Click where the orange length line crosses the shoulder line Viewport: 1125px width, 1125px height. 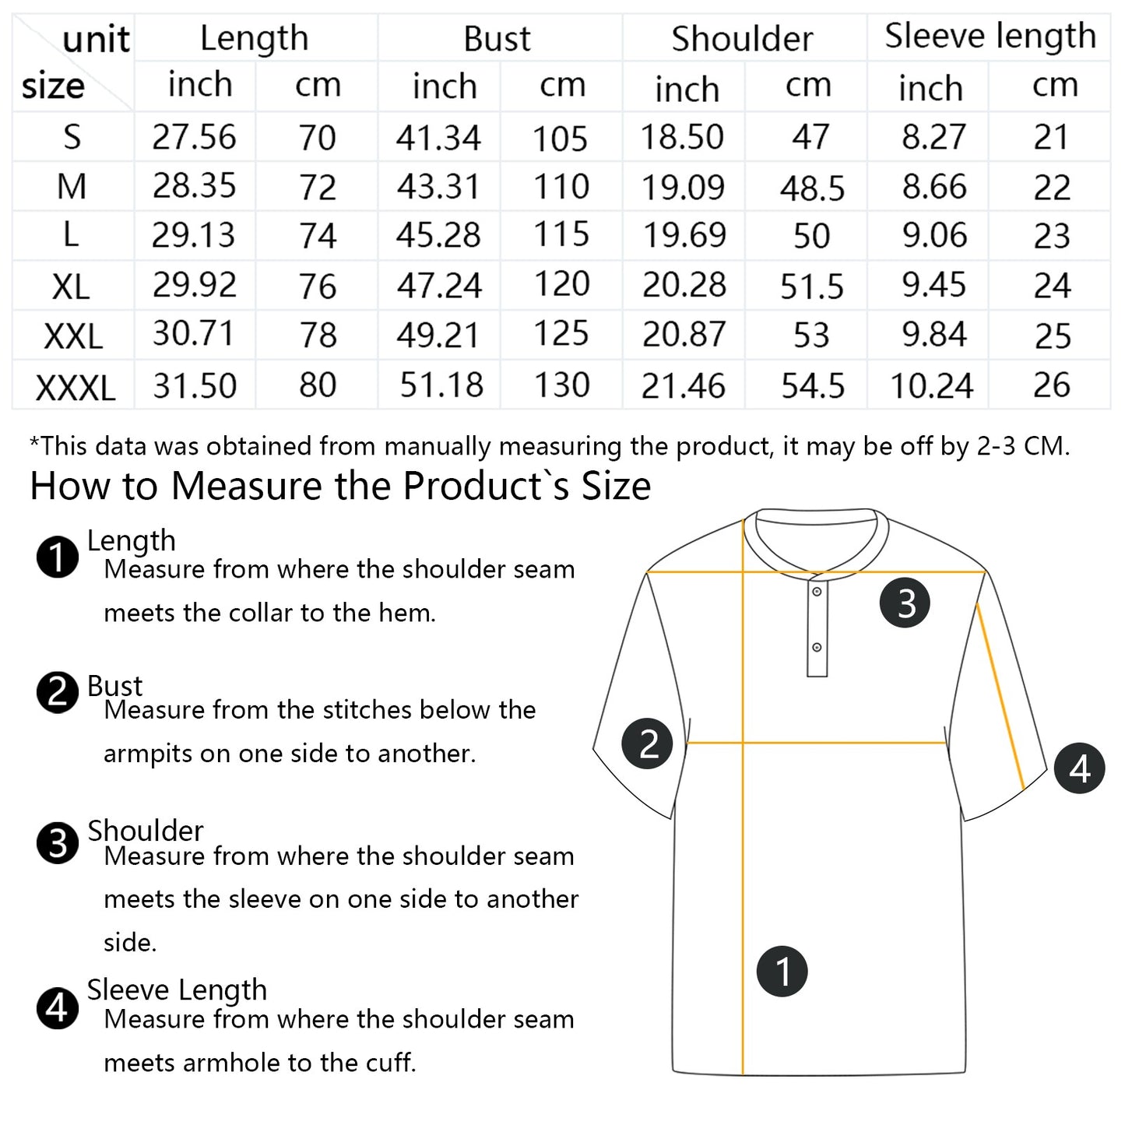743,572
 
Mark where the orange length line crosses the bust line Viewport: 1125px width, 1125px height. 743,743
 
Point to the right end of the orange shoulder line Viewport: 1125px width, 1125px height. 986,572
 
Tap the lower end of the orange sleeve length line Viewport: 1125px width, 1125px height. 1024,789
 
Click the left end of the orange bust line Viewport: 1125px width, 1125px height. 687,743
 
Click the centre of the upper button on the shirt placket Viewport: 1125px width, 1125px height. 817,592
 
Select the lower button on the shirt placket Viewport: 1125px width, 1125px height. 817,648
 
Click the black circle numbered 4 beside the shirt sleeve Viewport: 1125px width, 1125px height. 1080,768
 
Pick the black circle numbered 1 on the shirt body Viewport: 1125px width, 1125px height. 782,972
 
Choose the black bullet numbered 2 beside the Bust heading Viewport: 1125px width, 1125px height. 57,692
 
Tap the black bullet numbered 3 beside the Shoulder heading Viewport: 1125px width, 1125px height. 57,843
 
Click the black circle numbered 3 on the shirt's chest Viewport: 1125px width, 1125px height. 905,603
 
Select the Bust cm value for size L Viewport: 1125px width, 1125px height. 561,234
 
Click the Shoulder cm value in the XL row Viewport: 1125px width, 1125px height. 812,286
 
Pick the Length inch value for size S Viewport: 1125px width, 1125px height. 195,137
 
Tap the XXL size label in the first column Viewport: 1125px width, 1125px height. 73,337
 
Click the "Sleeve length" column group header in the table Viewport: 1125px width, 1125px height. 990,36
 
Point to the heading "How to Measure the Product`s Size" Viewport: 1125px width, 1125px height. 340,486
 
